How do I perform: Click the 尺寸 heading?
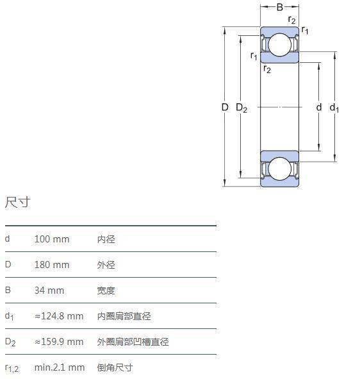pos(18,202)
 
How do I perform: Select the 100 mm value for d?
pos(52,239)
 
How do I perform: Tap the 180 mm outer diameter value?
pos(52,265)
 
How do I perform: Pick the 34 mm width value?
pos(49,291)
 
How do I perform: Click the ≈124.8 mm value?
pos(59,316)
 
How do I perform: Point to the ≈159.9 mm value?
pos(59,342)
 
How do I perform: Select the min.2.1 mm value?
pos(60,367)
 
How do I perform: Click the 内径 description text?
pos(106,239)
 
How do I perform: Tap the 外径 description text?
pos(106,265)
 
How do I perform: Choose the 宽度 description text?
pos(106,291)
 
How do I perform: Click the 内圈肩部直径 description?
pos(124,316)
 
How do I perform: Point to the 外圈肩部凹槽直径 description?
pos(133,342)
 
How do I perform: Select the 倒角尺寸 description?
pos(115,367)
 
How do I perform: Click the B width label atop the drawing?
pos(279,7)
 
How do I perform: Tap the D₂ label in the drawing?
pos(241,108)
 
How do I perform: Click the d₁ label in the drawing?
pos(334,108)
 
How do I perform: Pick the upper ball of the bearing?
pos(280,45)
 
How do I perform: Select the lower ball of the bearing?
pos(279,169)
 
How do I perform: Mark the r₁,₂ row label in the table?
pos(12,368)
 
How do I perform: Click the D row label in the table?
pos(8,264)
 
